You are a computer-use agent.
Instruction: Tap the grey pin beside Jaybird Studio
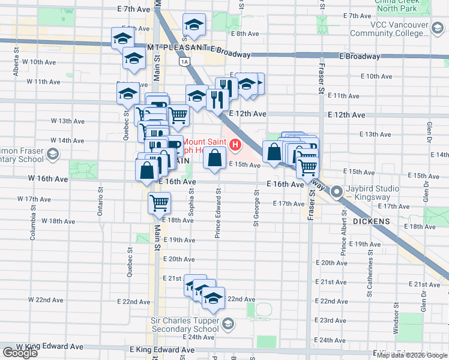pyautogui.click(x=337, y=192)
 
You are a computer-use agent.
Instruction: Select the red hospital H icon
pyautogui.click(x=235, y=145)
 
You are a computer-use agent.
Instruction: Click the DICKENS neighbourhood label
pyautogui.click(x=372, y=221)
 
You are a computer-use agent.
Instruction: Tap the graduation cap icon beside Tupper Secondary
pyautogui.click(x=228, y=325)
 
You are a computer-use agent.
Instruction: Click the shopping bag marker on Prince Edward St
pyautogui.click(x=214, y=158)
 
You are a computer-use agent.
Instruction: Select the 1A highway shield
pyautogui.click(x=184, y=61)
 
